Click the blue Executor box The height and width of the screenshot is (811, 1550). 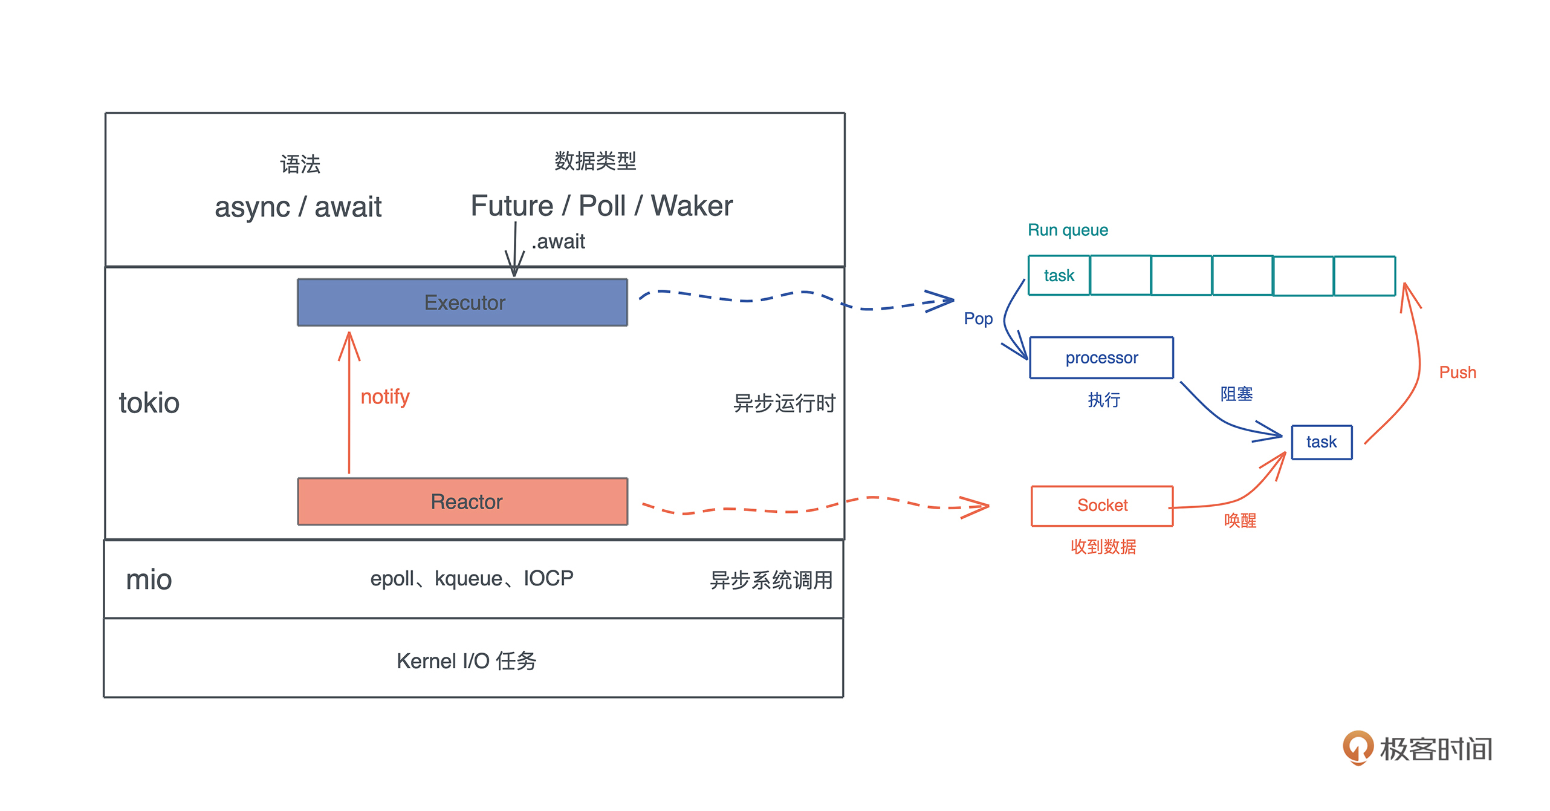coord(462,302)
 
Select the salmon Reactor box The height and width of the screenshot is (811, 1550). coord(462,501)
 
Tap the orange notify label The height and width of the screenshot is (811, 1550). coord(385,397)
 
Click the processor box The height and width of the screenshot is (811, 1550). coord(1101,358)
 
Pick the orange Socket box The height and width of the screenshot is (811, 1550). coord(1102,506)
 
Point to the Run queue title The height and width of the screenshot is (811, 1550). coord(1068,230)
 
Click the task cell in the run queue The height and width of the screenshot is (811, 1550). coord(1059,276)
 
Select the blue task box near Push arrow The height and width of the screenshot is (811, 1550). coord(1321,442)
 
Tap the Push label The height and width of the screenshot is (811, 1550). coord(1458,373)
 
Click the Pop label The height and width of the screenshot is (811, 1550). coord(978,319)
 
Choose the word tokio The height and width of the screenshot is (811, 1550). coord(149,403)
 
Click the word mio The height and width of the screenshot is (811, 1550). coord(149,579)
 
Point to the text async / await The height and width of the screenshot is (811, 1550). coord(298,207)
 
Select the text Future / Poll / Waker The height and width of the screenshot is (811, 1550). coord(602,206)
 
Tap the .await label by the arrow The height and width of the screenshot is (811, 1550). coord(559,242)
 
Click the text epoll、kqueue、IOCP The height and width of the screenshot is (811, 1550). coord(472,579)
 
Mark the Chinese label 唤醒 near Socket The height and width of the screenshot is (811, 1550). coord(1240,521)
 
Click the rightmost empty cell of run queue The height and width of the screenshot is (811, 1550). coord(1364,276)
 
